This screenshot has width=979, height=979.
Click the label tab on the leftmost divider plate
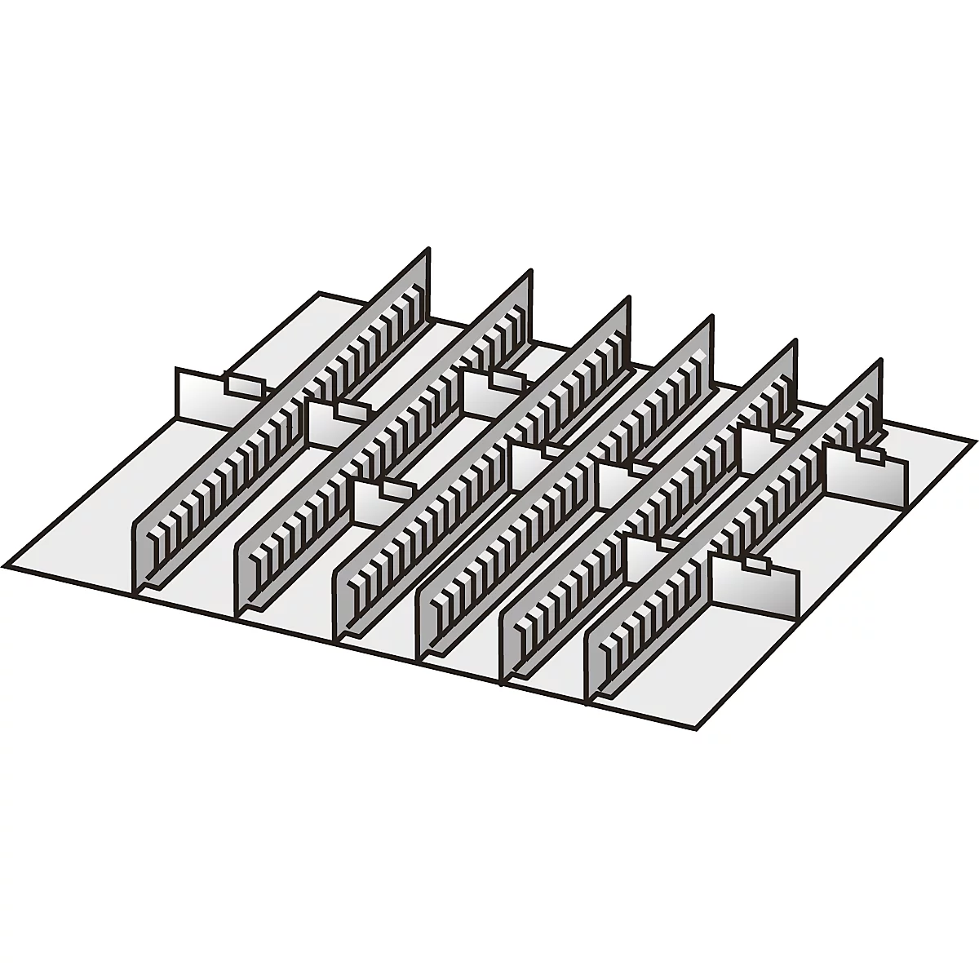[245, 384]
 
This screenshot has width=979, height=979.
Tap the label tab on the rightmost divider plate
[870, 454]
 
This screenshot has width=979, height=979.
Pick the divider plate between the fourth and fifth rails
[624, 483]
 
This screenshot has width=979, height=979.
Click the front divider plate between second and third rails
[379, 502]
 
